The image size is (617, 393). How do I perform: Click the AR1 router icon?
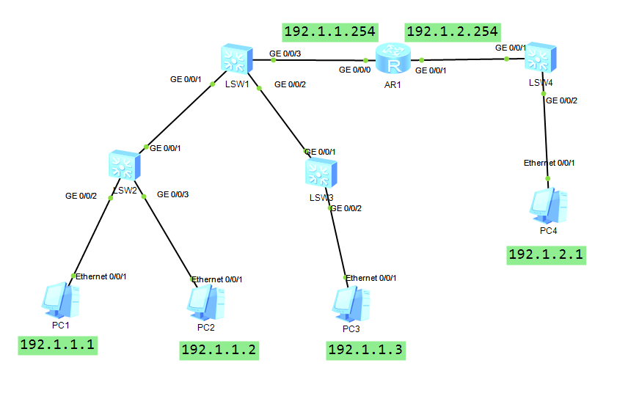[x=394, y=59]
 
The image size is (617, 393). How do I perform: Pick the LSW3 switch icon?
[x=321, y=173]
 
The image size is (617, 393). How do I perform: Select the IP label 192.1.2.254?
[x=453, y=32]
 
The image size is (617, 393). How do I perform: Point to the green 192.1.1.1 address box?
[x=58, y=345]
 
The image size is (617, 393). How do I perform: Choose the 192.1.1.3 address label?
[x=365, y=350]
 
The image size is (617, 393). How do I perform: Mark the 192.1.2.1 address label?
[x=547, y=254]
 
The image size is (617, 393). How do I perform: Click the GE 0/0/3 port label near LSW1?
[x=285, y=53]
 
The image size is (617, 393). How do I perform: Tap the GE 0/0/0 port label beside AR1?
[x=354, y=70]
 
